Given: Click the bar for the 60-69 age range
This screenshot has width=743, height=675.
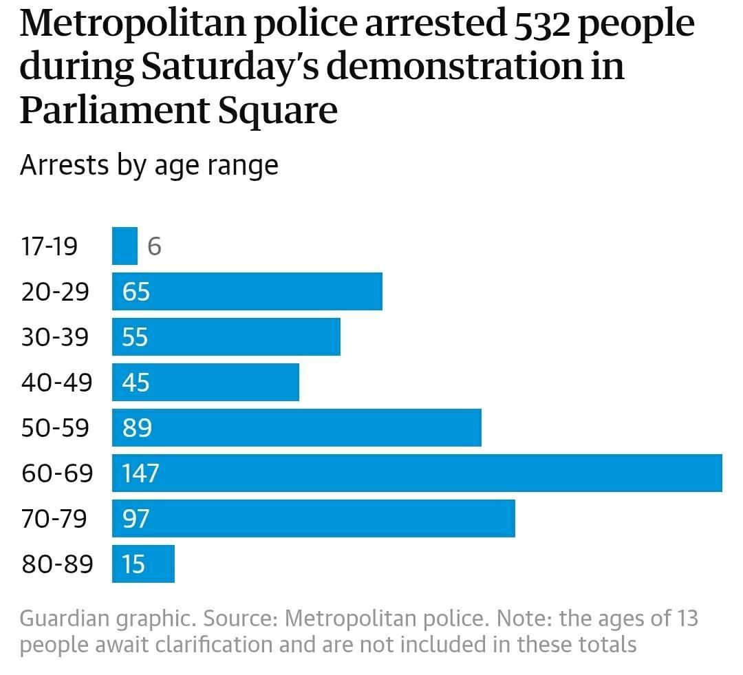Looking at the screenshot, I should coord(417,473).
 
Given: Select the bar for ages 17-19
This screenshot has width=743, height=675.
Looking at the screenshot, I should coord(125,246).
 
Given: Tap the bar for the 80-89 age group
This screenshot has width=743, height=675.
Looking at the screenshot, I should coord(143,564).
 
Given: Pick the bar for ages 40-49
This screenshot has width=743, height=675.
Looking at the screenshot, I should coord(206,382).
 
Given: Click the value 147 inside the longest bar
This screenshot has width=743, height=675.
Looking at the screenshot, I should coord(140,473).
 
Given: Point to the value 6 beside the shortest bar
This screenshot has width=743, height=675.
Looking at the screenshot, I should coord(154,246).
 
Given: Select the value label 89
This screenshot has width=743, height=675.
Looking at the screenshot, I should coord(136,428).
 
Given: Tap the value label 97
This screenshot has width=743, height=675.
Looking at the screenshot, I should coord(136,519).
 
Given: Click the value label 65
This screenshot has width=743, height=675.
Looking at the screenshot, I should coord(136,292).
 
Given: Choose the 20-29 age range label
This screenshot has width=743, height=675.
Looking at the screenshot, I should coord(56,292).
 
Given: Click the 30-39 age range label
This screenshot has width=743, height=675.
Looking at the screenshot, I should coord(56,337).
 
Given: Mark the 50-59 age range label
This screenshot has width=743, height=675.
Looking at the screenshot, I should coord(56,428).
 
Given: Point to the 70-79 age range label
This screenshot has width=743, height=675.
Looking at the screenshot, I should coord(55,519).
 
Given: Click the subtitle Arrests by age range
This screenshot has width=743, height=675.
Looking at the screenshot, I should coord(149,166).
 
